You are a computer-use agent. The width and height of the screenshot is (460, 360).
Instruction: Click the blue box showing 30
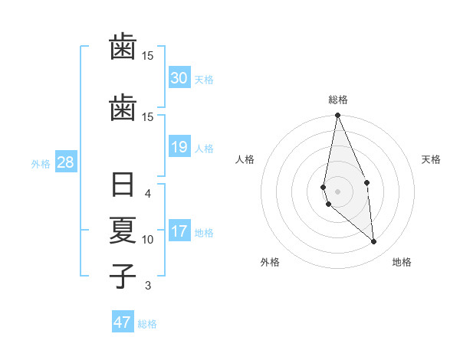coord(179,78)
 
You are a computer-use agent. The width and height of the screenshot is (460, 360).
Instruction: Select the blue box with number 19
coord(179,147)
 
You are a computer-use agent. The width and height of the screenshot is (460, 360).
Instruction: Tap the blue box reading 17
coord(179,231)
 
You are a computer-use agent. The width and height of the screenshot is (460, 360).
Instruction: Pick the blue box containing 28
coord(65,162)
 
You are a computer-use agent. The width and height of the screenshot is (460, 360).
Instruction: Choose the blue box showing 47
coord(123,322)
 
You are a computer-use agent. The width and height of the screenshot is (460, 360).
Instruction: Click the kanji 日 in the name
coord(123,186)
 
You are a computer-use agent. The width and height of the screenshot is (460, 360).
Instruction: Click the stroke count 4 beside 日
coord(148,194)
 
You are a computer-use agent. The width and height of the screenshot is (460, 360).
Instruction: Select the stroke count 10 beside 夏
coord(148,239)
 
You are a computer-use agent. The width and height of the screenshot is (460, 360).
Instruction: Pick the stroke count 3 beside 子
coord(148,286)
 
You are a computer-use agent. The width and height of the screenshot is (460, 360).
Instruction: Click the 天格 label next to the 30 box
coord(204,79)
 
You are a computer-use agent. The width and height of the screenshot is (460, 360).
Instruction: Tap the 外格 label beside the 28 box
coord(41,163)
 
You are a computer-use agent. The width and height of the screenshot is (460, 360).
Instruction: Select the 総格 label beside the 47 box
coord(147,323)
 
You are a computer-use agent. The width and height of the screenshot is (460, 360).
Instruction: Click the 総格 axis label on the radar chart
coord(338,100)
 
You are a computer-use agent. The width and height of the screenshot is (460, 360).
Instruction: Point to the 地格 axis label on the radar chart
coord(402,262)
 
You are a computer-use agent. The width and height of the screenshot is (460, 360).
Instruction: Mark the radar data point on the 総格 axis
coord(337,116)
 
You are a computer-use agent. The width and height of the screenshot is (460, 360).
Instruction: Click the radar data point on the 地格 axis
coord(374,242)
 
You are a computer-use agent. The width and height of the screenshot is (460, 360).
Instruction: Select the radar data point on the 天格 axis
coord(366,182)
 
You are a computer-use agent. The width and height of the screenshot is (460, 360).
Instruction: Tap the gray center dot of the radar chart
coord(337,191)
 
